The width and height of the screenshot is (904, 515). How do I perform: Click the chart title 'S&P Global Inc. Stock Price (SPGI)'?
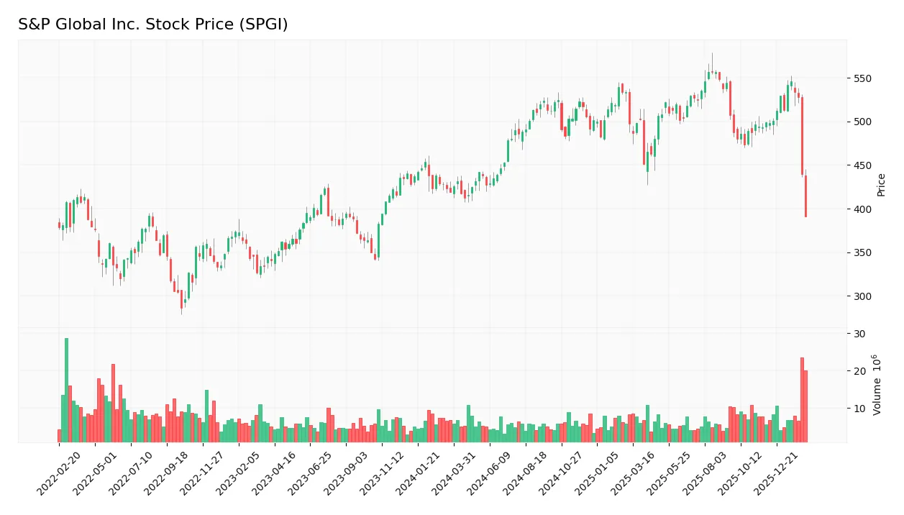coord(152,24)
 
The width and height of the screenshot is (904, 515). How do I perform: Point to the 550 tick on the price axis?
coord(862,78)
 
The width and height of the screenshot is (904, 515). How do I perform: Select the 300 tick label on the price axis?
coord(862,296)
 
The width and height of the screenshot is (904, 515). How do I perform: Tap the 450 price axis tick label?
coord(862,165)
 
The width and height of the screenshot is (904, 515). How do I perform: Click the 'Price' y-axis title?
coord(881,185)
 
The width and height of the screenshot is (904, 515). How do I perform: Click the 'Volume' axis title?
coord(877,385)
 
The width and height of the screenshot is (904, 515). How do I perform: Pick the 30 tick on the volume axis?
coord(859,334)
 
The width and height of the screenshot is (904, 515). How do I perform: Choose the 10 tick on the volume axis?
coord(859,409)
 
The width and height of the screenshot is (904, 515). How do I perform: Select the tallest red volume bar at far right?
coord(802,399)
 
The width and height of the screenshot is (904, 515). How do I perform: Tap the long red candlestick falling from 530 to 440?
coord(802,137)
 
